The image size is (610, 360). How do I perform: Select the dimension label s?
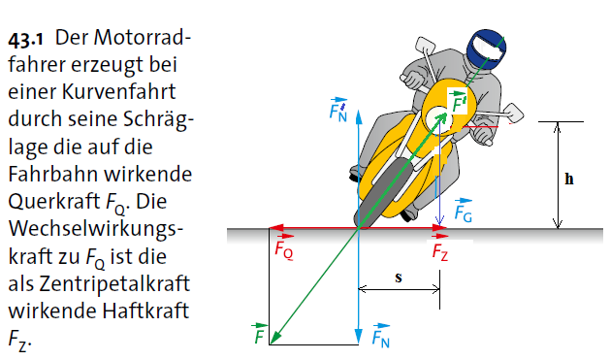pyautogui.click(x=399, y=278)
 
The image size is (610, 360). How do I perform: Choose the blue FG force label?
pyautogui.click(x=464, y=214)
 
